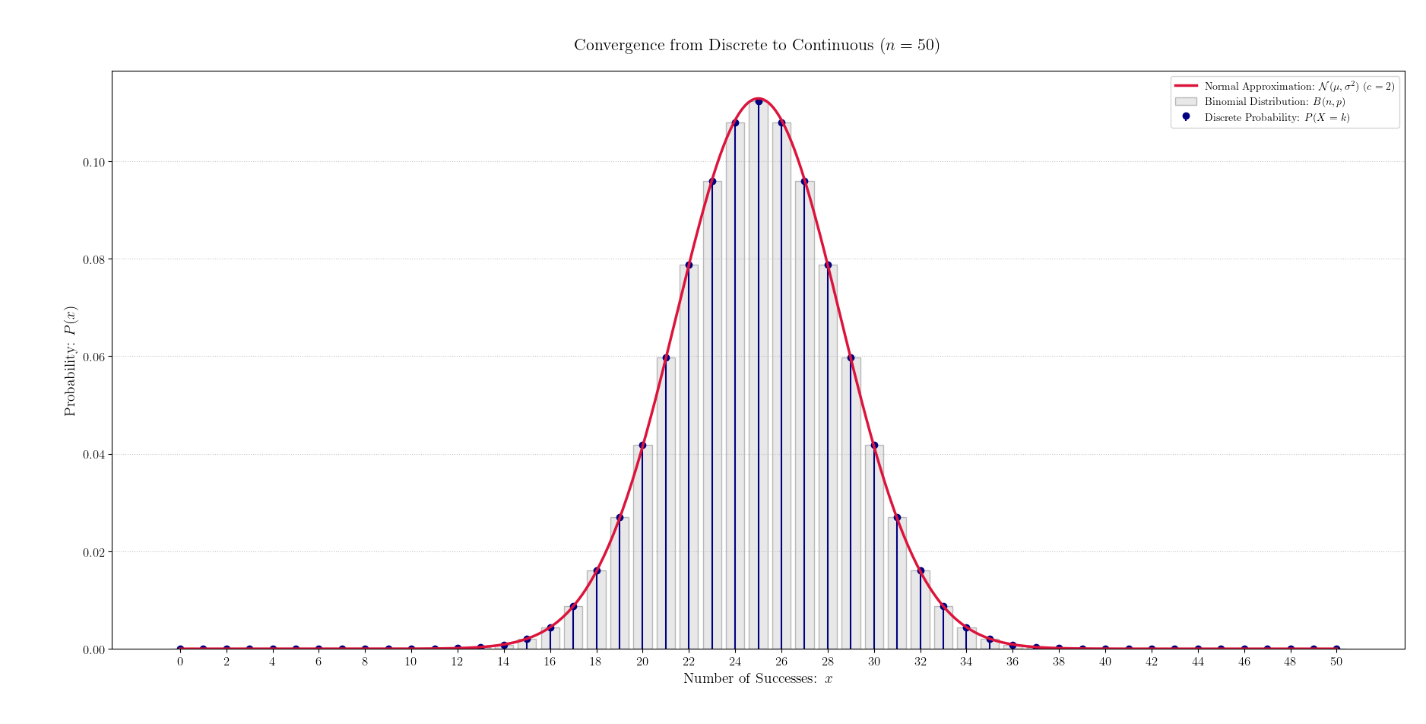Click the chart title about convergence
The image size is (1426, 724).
coord(756,46)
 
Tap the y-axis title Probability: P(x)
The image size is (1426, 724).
coord(70,361)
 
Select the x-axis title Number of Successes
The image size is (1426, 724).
coord(758,678)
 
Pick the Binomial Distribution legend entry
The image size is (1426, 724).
coord(1274,102)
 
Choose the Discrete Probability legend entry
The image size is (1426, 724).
coord(1276,117)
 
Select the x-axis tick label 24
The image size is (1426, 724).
coord(735,662)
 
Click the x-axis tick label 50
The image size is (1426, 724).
coord(1336,662)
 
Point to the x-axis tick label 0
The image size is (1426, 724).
coord(180,662)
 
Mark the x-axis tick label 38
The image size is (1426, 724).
coord(1059,662)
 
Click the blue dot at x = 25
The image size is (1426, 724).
coord(759,101)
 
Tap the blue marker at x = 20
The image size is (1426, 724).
coord(642,445)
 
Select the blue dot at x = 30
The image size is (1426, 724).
coord(874,445)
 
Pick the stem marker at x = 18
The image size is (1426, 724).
coord(597,570)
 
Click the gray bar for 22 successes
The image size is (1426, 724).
coord(689,456)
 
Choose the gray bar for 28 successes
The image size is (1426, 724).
coord(828,456)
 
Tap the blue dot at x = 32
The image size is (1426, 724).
coord(921,570)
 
